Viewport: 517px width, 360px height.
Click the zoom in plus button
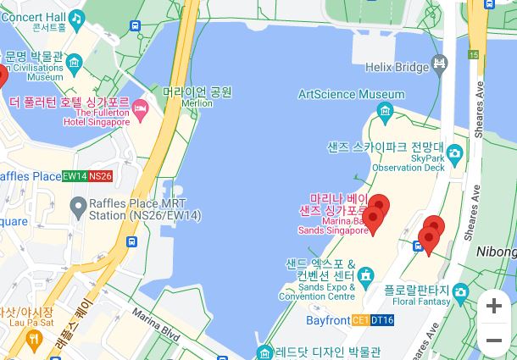click(x=494, y=306)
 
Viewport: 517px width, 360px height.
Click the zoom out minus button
click(x=494, y=341)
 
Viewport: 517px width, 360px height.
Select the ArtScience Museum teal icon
click(x=386, y=110)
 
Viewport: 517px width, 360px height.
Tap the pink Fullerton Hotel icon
click(x=141, y=108)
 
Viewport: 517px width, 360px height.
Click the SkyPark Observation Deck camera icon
click(x=455, y=154)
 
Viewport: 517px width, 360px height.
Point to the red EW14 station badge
click(x=75, y=176)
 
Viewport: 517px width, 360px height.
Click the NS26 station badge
click(x=100, y=176)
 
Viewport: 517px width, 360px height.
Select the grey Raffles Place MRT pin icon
click(x=78, y=205)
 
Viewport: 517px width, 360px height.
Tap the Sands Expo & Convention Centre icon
click(x=365, y=275)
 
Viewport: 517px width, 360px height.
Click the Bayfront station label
click(x=328, y=321)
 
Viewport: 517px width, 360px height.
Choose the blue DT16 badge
click(x=382, y=321)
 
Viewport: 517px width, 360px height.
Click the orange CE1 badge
click(x=359, y=321)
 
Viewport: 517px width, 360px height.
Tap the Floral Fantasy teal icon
click(x=460, y=293)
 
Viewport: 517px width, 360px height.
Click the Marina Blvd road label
click(x=156, y=325)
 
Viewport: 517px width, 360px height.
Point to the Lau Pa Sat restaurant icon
click(x=34, y=340)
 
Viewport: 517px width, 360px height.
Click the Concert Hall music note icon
click(x=76, y=17)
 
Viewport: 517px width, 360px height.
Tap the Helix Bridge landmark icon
click(x=439, y=64)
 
